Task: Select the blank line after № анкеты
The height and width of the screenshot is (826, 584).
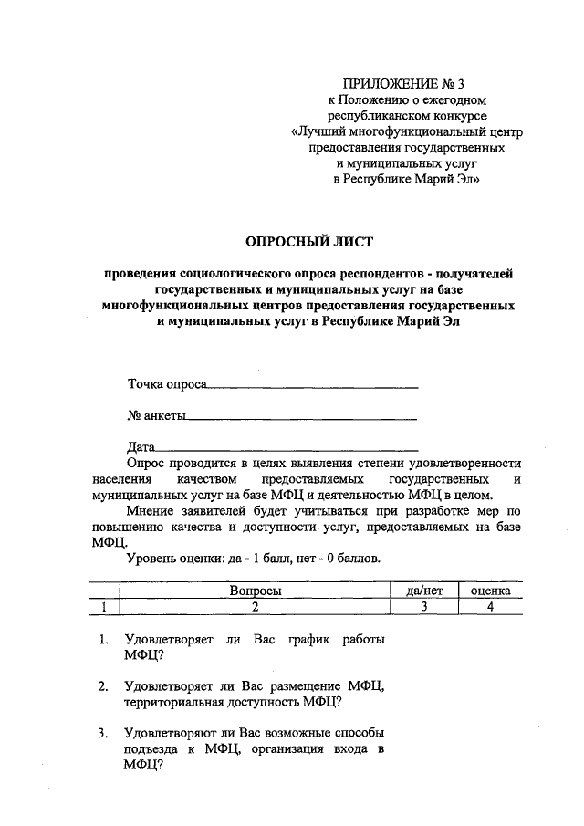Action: click(x=302, y=419)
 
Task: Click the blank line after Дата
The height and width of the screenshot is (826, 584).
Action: click(x=287, y=450)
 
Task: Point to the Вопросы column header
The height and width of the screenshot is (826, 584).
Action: click(x=255, y=591)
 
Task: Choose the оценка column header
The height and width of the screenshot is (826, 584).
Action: click(x=490, y=591)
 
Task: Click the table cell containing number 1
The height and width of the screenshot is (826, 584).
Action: click(x=105, y=606)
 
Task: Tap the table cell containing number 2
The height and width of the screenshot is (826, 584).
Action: click(x=255, y=606)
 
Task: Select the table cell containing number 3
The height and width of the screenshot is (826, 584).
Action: click(x=424, y=606)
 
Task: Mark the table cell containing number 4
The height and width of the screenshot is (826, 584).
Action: click(x=490, y=606)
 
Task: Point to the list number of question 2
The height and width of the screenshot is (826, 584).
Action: click(x=104, y=685)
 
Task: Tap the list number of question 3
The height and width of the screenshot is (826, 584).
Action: click(x=104, y=733)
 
